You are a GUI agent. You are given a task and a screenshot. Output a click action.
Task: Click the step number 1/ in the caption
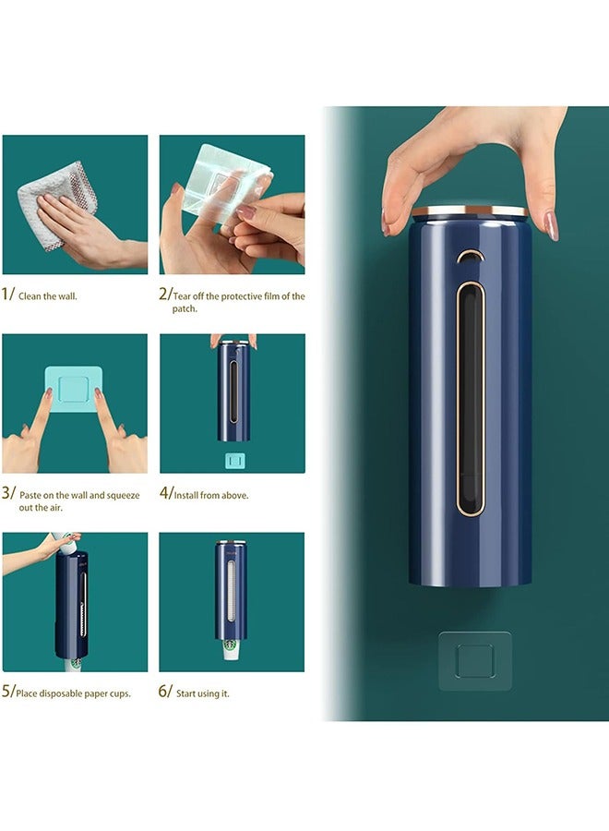pos(8,296)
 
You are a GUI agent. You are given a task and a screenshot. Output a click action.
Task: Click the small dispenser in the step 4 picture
pos(233,391)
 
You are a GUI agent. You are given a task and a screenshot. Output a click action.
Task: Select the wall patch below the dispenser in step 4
pos(233,459)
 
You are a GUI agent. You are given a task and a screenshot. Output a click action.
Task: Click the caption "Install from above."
pos(210,496)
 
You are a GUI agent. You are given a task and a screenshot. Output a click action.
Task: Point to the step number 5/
pos(8,692)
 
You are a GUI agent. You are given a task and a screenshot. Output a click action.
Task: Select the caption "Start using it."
pos(202,693)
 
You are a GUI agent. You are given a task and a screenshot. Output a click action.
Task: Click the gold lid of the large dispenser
pos(470,211)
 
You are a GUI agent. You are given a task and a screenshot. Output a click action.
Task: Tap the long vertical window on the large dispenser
pos(471,397)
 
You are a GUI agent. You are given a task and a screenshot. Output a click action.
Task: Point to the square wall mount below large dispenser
pos(474,660)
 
